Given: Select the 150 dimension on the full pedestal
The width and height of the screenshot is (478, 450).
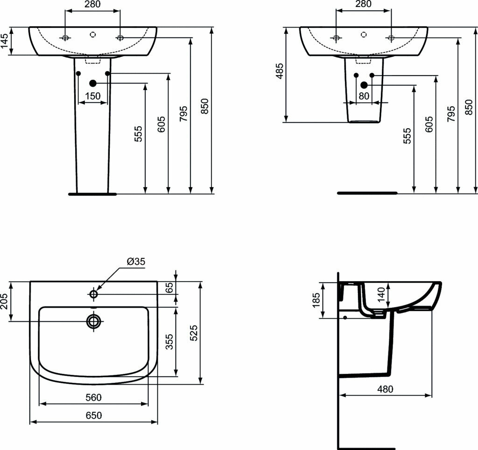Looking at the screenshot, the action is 92,96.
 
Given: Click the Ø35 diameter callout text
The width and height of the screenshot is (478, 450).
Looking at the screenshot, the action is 136,261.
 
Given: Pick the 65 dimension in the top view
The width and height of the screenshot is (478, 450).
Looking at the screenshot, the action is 170,288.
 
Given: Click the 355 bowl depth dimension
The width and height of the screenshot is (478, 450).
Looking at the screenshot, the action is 170,342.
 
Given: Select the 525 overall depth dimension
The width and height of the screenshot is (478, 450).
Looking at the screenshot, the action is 195,333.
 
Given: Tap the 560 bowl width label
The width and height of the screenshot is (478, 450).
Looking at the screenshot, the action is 93,397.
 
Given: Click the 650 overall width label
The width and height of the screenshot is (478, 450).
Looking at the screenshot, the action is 93,415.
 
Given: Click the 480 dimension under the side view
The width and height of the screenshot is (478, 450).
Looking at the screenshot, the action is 385,389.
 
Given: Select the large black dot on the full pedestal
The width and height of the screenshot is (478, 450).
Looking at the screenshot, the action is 92,83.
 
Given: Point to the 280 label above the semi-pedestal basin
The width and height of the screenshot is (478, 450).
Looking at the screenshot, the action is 363,4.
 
